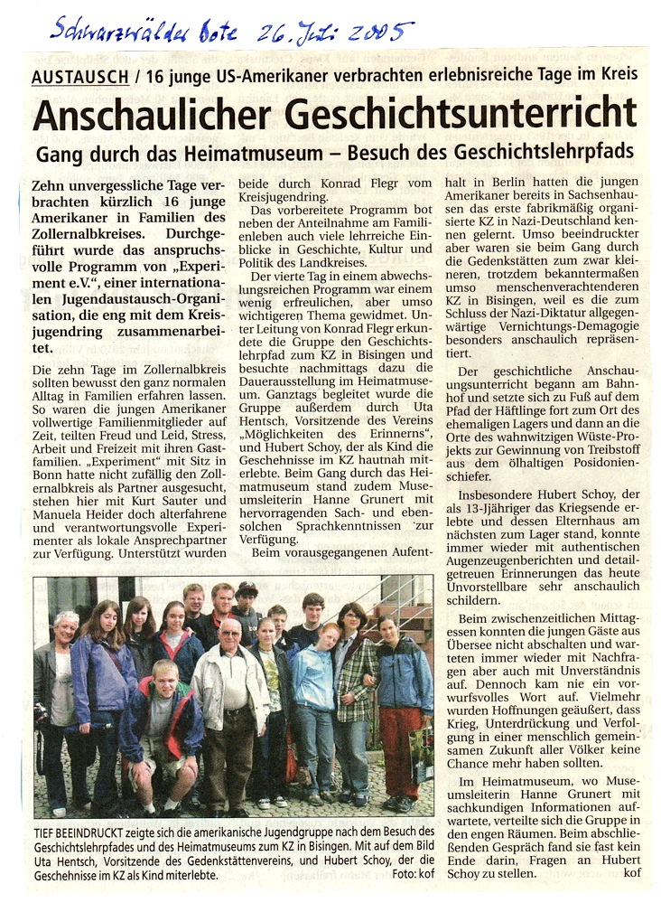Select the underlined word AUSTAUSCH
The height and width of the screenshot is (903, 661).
point(79,77)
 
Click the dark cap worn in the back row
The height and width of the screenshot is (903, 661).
point(247,589)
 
